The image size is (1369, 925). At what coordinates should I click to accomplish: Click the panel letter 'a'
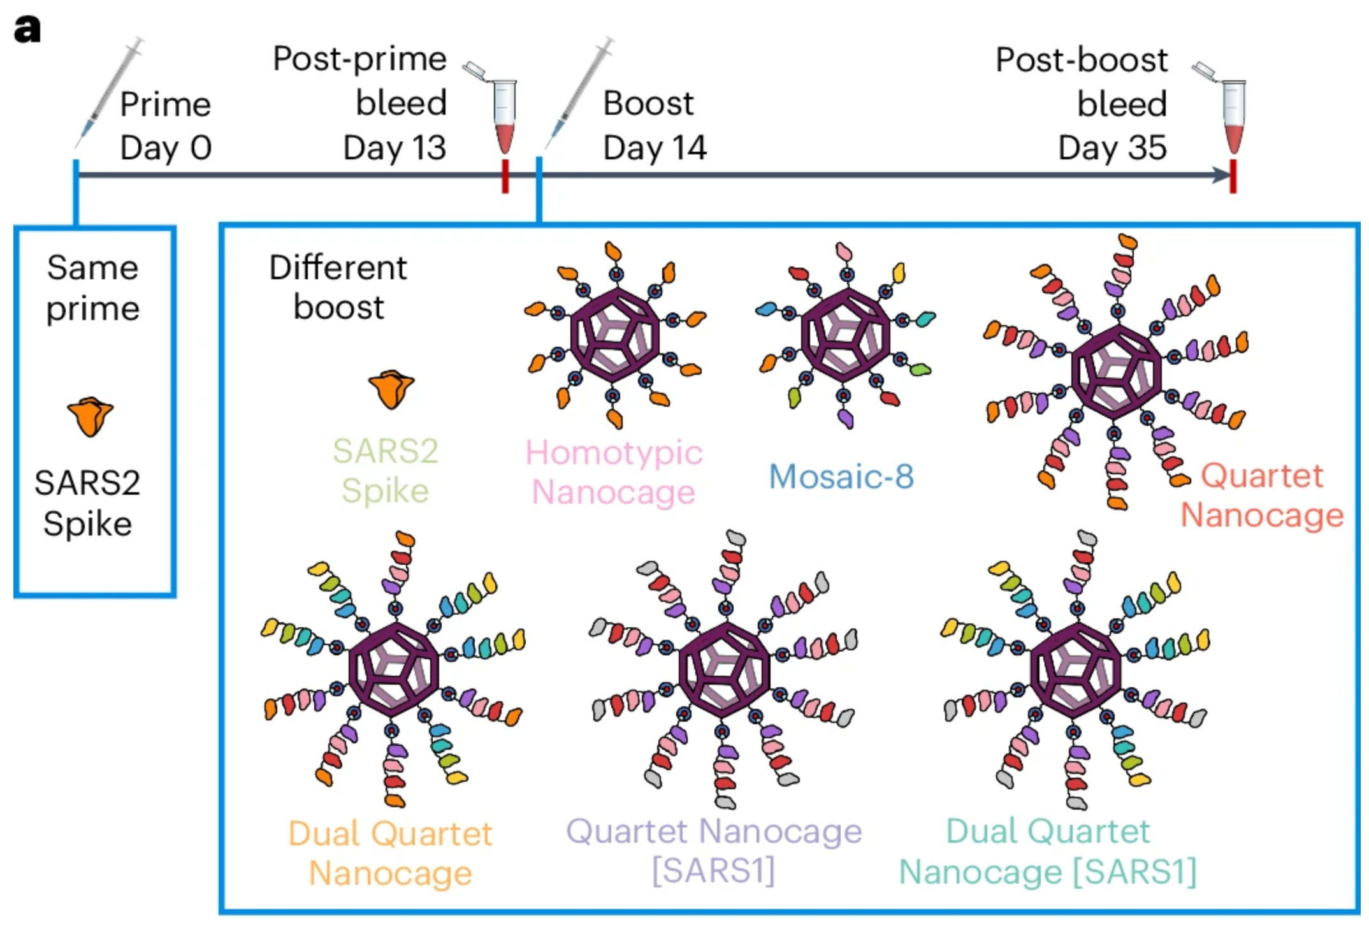pyautogui.click(x=27, y=29)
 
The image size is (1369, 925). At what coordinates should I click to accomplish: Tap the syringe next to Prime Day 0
pyautogui.click(x=109, y=93)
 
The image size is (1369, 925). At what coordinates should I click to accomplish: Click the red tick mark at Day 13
pyautogui.click(x=505, y=176)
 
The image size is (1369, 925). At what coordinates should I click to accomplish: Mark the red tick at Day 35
pyautogui.click(x=1233, y=176)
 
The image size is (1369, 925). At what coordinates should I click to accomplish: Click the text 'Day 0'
pyautogui.click(x=166, y=149)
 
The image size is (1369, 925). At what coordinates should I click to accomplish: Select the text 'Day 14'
pyautogui.click(x=655, y=149)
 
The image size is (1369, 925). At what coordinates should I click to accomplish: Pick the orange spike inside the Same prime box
pyautogui.click(x=91, y=416)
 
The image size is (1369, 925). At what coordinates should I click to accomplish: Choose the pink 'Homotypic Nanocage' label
pyautogui.click(x=614, y=472)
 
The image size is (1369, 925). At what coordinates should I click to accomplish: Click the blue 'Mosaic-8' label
pyautogui.click(x=841, y=476)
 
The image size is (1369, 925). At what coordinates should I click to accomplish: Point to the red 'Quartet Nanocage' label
pyautogui.click(x=1262, y=495)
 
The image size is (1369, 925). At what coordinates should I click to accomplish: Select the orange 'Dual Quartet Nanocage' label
pyautogui.click(x=391, y=853)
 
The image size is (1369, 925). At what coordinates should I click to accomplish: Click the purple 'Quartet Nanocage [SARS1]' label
pyautogui.click(x=714, y=851)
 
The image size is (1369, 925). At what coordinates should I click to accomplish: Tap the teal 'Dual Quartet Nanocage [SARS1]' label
pyautogui.click(x=1048, y=851)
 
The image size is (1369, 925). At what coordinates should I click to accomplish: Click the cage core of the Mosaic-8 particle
pyautogui.click(x=845, y=335)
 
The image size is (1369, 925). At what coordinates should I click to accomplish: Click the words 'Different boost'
pyautogui.click(x=338, y=287)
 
